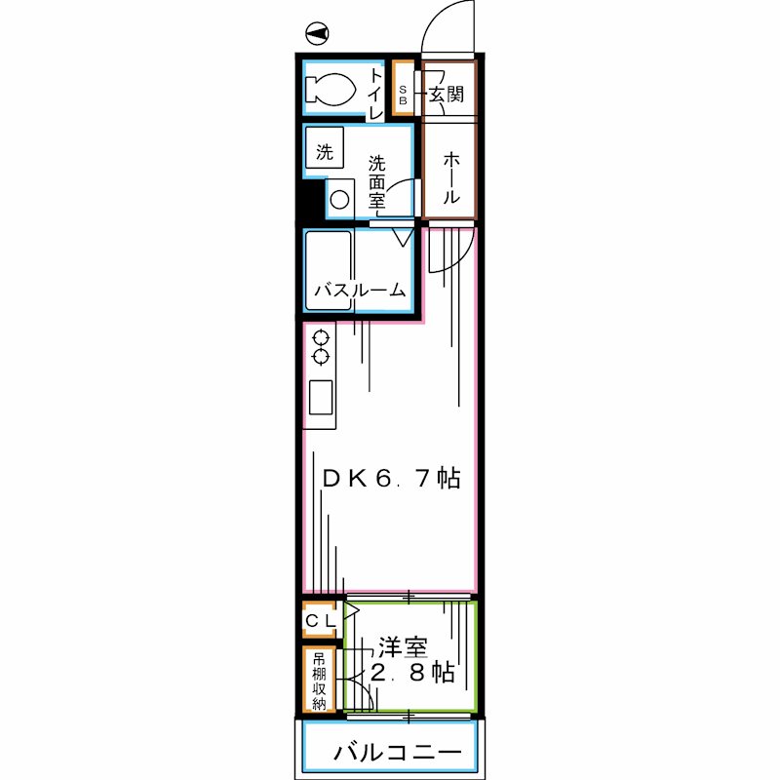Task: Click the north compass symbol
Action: pos(317,34)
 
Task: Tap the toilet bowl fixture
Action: pos(330,90)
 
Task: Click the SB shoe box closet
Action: pos(403,89)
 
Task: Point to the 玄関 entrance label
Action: pos(447,94)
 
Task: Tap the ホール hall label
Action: pos(450,177)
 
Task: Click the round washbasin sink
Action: pos(339,200)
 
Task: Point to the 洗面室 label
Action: pos(376,182)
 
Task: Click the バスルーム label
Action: pos(360,290)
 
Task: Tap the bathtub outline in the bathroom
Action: pos(329,270)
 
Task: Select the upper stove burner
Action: pos(321,338)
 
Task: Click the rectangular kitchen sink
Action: pos(321,397)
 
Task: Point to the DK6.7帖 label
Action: pos(392,478)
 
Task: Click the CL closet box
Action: pos(319,620)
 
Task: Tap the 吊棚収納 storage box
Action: pos(319,680)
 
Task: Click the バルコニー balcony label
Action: pos(398,752)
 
